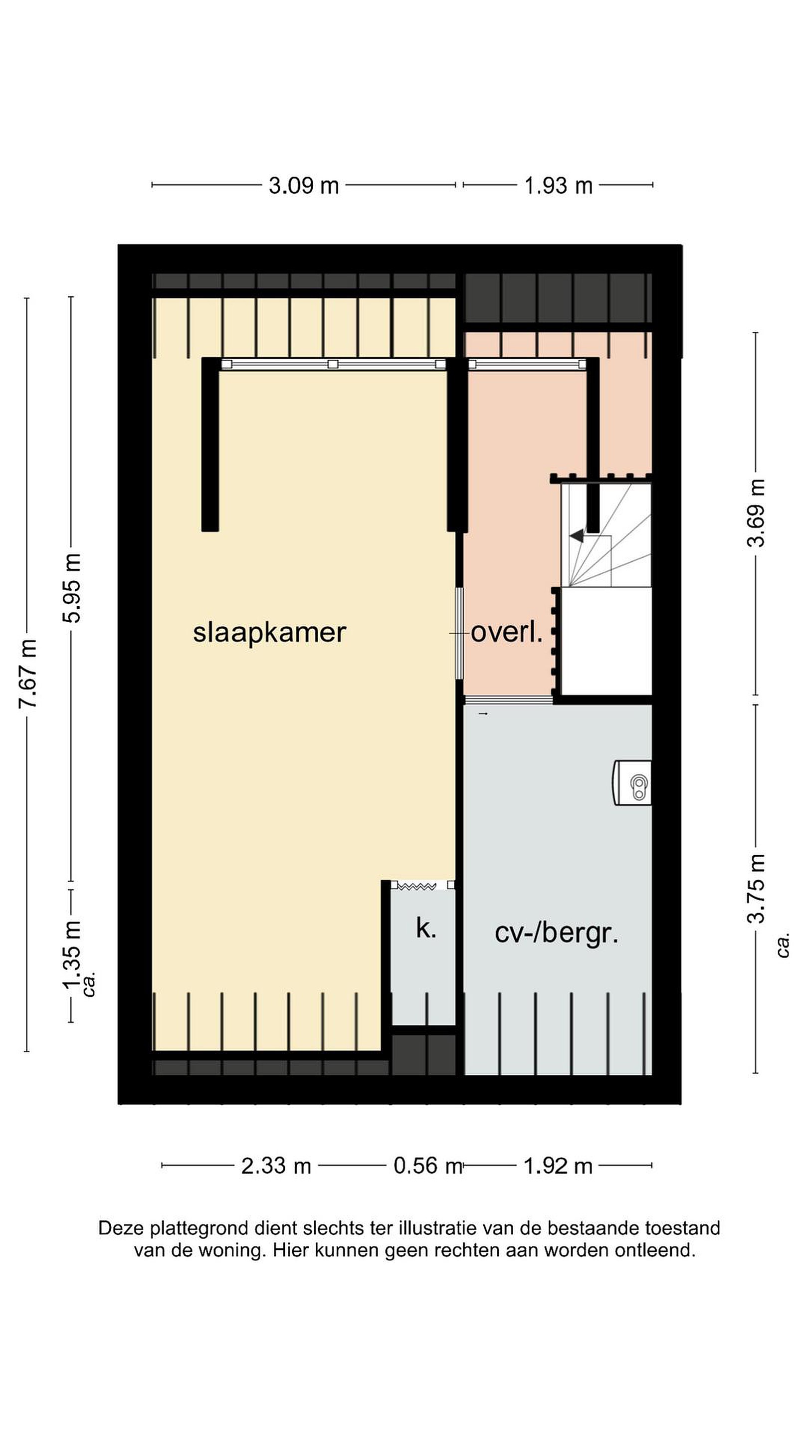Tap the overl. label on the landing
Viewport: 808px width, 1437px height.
506,633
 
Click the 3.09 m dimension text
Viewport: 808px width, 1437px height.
304,186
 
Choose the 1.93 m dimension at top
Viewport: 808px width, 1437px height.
558,186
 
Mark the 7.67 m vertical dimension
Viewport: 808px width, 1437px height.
28,675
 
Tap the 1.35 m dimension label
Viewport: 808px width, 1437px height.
72,955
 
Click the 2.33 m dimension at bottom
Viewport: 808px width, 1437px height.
276,1166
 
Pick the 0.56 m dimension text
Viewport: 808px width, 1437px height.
428,1166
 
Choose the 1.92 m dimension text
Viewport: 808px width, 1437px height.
558,1166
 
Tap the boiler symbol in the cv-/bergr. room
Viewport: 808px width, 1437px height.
633,783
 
